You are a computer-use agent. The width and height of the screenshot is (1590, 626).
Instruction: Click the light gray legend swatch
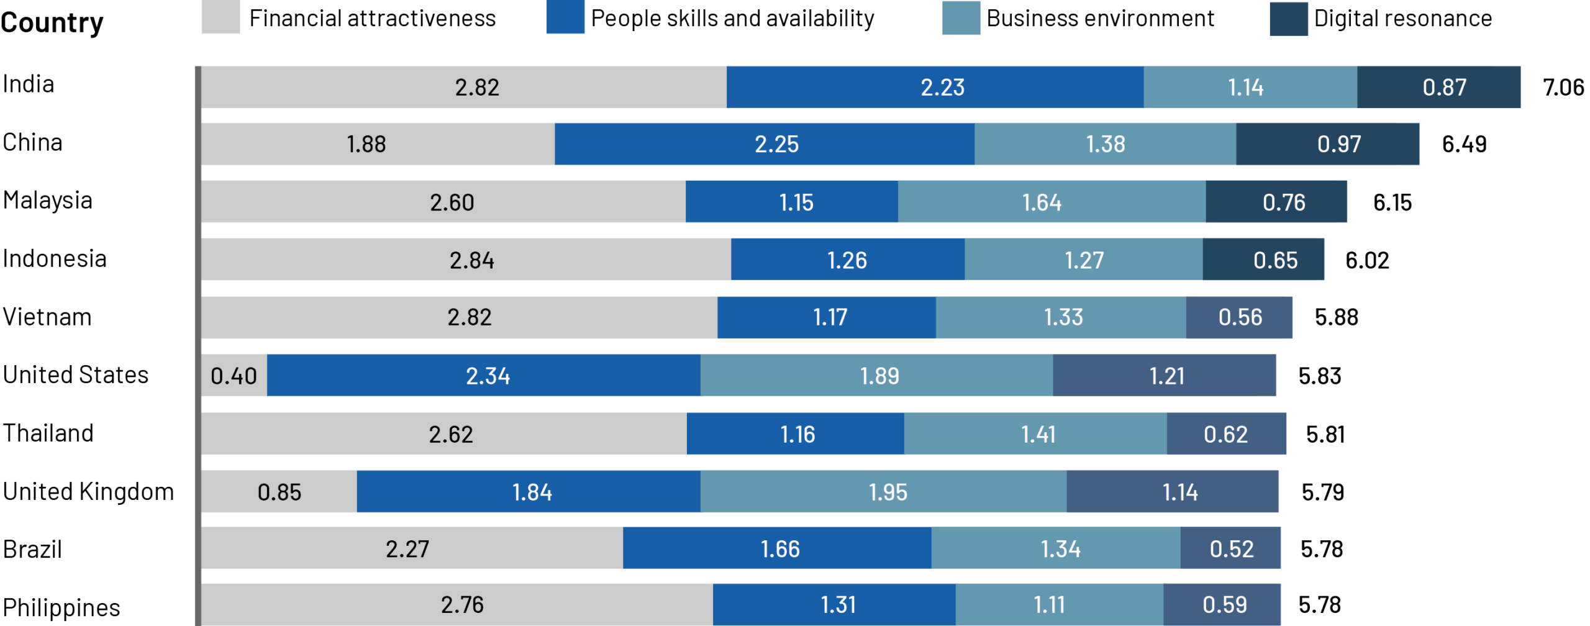(220, 17)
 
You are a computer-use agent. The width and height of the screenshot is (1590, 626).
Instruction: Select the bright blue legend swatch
(565, 17)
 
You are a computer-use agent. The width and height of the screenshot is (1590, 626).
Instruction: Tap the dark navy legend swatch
(1289, 19)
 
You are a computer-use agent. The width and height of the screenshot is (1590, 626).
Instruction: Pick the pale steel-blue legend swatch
(961, 18)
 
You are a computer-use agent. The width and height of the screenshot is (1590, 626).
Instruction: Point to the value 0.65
(1275, 260)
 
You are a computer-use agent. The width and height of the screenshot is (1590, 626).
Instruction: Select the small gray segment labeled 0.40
(234, 376)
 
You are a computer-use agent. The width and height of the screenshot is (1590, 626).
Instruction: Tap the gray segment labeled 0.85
(279, 492)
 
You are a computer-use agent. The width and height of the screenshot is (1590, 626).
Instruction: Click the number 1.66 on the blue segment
(780, 549)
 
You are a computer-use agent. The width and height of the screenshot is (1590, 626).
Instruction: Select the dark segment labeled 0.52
(1230, 548)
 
